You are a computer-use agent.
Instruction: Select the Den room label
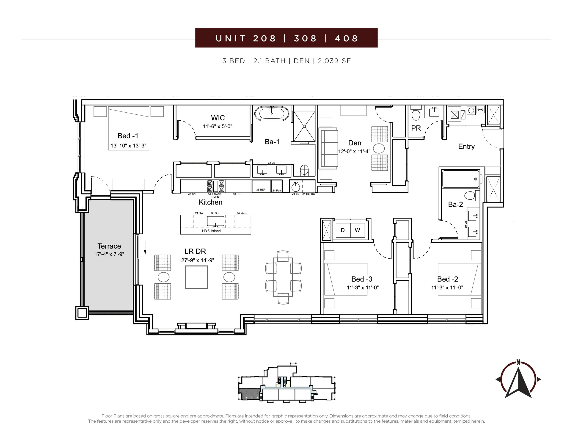pyautogui.click(x=355, y=143)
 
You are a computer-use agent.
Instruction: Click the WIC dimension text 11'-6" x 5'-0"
pyautogui.click(x=218, y=126)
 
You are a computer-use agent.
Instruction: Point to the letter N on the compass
pyautogui.click(x=518, y=363)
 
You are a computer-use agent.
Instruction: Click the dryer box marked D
pyautogui.click(x=343, y=230)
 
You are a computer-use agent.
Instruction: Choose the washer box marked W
pyautogui.click(x=357, y=230)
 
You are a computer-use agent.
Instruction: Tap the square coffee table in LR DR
pyautogui.click(x=196, y=277)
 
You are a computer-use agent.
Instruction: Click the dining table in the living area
pyautogui.click(x=283, y=277)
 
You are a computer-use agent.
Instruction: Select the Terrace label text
pyautogui.click(x=109, y=246)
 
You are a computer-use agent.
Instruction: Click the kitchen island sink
pyautogui.click(x=216, y=221)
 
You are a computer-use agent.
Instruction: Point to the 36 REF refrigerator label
pyautogui.click(x=261, y=189)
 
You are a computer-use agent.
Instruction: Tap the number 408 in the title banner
pyautogui.click(x=346, y=38)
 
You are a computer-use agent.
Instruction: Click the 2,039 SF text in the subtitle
pyautogui.click(x=334, y=61)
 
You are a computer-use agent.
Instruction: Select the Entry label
pyautogui.click(x=466, y=147)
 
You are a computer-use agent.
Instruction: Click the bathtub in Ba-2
pyautogui.click(x=461, y=179)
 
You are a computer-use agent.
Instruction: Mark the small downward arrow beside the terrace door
pyautogui.click(x=145, y=248)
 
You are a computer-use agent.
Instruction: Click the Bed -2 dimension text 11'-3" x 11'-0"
pyautogui.click(x=447, y=287)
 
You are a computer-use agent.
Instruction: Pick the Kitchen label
pyautogui.click(x=210, y=202)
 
